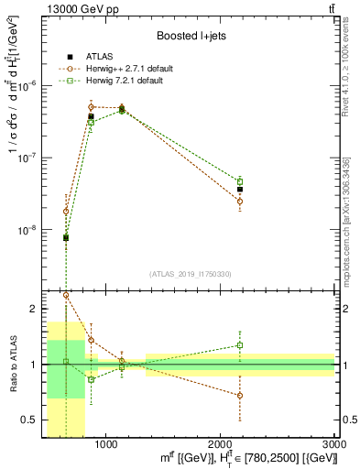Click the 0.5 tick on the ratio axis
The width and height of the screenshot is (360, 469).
coord(34,420)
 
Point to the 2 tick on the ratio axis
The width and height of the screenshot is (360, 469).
coord(37,309)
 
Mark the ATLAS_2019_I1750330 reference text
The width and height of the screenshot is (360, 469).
coord(190,274)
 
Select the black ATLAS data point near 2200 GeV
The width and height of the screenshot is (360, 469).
coord(240,190)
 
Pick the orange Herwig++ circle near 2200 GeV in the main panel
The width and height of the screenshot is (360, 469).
coord(240,201)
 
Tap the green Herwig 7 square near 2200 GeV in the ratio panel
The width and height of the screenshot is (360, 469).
coord(240,345)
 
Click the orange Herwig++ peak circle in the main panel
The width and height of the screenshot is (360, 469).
coord(91,107)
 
